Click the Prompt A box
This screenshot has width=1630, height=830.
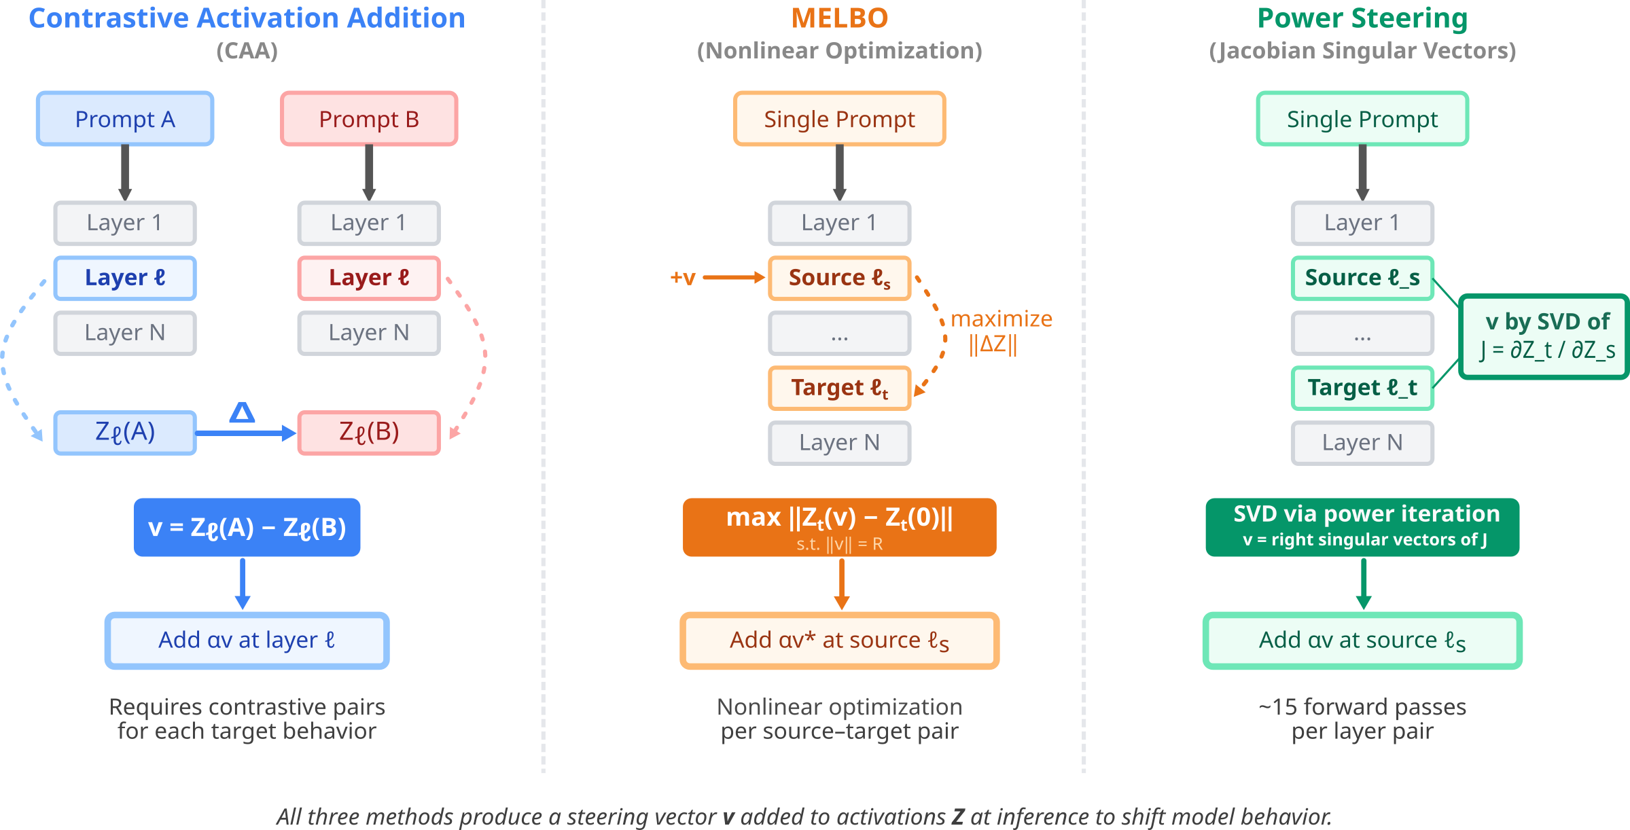click(125, 119)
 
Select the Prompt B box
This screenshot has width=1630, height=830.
click(369, 119)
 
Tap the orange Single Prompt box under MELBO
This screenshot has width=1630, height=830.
click(839, 119)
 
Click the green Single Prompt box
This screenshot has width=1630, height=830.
click(1362, 119)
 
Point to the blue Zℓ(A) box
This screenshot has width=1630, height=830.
click(125, 433)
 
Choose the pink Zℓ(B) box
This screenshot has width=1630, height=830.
click(369, 433)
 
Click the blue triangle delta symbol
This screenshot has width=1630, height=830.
click(242, 412)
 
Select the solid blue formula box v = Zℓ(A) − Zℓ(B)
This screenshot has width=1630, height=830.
click(247, 527)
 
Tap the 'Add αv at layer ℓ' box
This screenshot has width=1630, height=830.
click(247, 640)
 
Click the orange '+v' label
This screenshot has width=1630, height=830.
click(683, 277)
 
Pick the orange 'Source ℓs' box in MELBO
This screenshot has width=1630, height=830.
click(839, 278)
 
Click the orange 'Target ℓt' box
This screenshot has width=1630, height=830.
click(839, 388)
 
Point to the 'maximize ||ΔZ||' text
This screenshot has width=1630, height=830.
click(1000, 331)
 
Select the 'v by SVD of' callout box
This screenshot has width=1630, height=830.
click(1544, 336)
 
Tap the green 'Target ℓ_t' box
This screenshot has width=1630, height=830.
click(1362, 388)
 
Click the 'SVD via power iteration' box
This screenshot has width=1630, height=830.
click(1362, 527)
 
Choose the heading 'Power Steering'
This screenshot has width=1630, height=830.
click(1362, 18)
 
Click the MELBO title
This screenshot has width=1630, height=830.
click(840, 18)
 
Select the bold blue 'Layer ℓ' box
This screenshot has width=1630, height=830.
click(125, 278)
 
